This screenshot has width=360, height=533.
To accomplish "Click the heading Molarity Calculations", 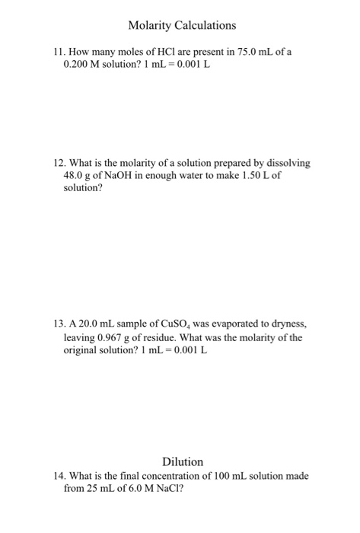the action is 182,26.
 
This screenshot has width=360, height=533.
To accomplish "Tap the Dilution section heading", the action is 183,461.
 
